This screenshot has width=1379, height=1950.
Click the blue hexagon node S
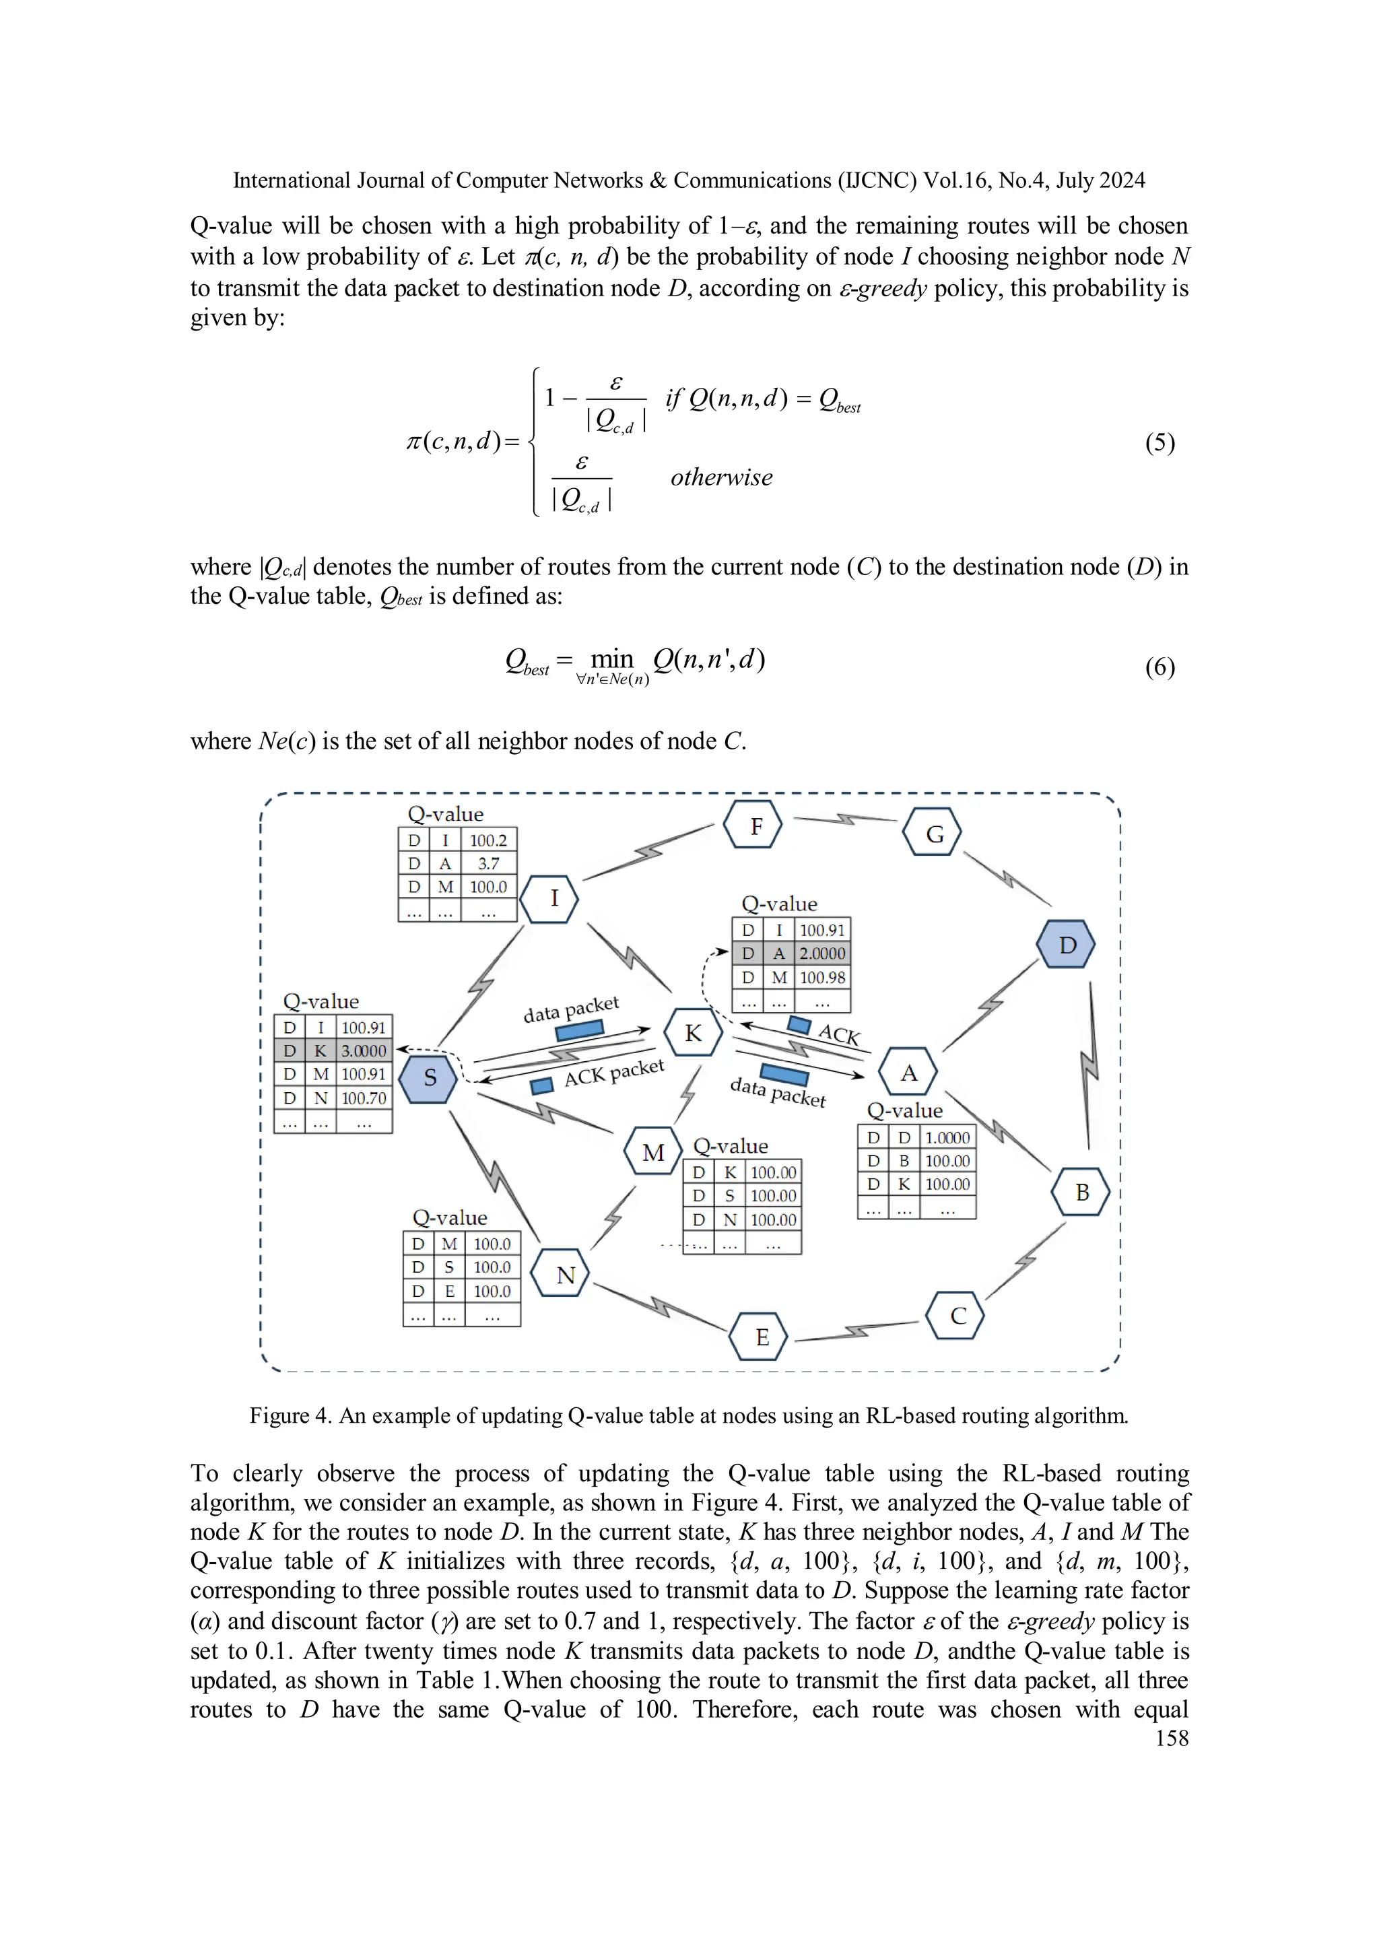pos(429,1078)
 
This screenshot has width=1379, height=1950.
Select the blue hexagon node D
pos(1067,945)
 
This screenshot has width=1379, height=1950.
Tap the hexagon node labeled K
pos(693,1033)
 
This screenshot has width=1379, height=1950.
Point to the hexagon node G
pos(933,834)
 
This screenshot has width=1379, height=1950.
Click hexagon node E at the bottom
pos(761,1337)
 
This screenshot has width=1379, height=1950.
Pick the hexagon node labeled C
pos(957,1316)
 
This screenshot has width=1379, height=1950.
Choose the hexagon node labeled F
pos(755,826)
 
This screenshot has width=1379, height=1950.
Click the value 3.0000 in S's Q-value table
pos(364,1050)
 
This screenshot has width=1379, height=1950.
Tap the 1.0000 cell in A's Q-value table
pos(947,1137)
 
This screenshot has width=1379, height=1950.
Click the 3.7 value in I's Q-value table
pos(488,864)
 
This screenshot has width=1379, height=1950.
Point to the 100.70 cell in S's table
pos(364,1098)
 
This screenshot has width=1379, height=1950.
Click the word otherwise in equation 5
pos(721,477)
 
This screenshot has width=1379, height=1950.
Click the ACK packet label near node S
pos(613,1073)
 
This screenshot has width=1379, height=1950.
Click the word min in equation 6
pos(612,659)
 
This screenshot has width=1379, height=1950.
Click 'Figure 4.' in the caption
pos(289,1416)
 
